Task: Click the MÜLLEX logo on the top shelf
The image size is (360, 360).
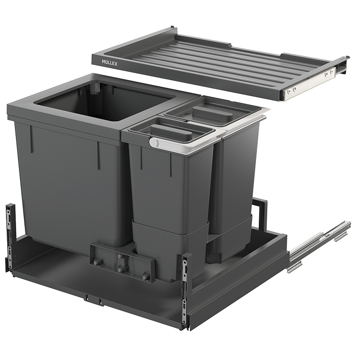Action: [x=109, y=63]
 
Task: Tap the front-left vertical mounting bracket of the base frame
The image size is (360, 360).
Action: [x=10, y=237]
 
